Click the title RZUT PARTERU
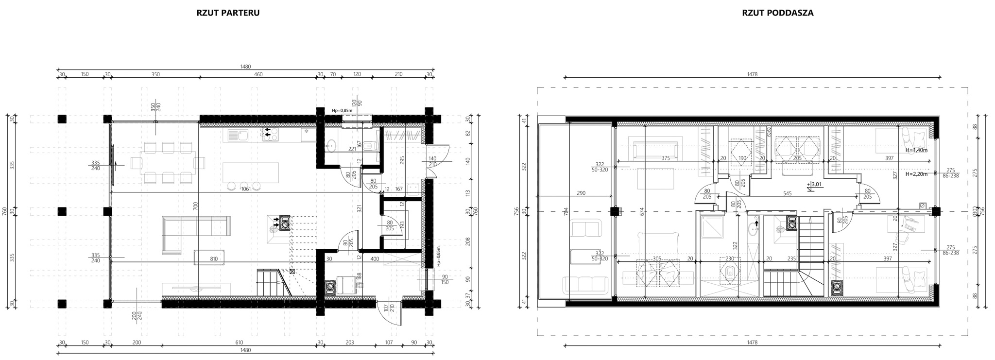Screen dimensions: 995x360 (228, 13)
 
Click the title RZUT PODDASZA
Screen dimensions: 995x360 (778, 13)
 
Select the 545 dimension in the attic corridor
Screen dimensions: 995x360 (788, 193)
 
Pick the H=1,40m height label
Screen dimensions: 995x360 (917, 150)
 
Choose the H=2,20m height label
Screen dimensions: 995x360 (917, 173)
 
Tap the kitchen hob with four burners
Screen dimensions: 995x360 (270, 134)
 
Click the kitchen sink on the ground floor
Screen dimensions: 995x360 (238, 135)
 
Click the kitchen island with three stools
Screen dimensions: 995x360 (250, 175)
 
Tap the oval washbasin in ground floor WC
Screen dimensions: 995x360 (331, 144)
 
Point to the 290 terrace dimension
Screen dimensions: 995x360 (581, 193)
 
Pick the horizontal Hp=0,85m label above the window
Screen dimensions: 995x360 (342, 110)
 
